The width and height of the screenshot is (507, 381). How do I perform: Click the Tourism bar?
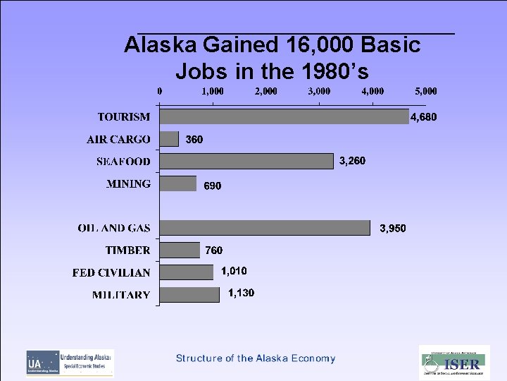tap(284, 116)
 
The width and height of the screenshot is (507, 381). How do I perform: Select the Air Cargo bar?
tap(170, 139)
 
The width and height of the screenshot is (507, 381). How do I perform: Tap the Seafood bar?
tap(247, 161)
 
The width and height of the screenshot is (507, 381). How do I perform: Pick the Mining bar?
tap(178, 183)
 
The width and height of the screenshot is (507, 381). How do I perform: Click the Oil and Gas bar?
tap(265, 228)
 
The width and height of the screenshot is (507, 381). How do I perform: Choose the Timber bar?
tap(180, 250)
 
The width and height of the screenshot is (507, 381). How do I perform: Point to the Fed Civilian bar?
tap(187, 272)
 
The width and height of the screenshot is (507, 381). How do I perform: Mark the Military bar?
tap(190, 294)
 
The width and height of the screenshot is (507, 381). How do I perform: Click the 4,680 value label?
tap(423, 117)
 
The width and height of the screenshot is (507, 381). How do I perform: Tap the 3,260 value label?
tap(352, 161)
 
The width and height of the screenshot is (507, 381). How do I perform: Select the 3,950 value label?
tap(393, 229)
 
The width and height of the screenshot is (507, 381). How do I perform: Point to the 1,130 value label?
tap(241, 293)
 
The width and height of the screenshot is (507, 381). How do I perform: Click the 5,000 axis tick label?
tap(426, 91)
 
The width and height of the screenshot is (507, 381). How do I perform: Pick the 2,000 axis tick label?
tap(266, 91)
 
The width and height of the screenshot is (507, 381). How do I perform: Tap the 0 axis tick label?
tap(160, 91)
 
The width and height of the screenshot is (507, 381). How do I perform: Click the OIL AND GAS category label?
tap(114, 228)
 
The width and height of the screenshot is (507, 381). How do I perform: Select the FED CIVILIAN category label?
tap(111, 272)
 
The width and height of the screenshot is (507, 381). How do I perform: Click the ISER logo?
tap(454, 363)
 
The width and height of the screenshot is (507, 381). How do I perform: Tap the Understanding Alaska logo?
tap(70, 362)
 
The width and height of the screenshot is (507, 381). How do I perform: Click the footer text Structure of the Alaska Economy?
tap(256, 358)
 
